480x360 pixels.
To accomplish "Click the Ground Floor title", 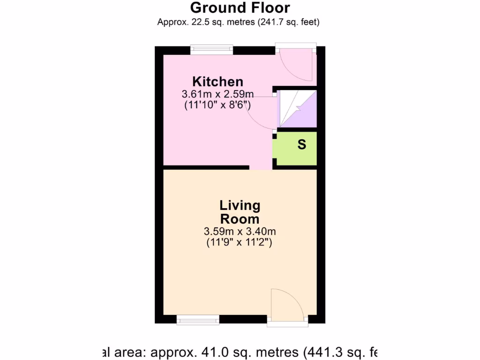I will pyautogui.click(x=240, y=8).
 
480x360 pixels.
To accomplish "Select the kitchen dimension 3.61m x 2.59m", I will pyautogui.click(x=218, y=94).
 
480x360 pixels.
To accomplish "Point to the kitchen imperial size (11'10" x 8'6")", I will pyautogui.click(x=217, y=105).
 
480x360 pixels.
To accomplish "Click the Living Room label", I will pyautogui.click(x=240, y=212).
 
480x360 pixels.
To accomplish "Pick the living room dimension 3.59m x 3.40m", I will pyautogui.click(x=240, y=231).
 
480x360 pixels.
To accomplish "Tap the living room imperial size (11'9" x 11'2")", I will pyautogui.click(x=240, y=242).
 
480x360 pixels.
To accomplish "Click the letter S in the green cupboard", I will pyautogui.click(x=302, y=145).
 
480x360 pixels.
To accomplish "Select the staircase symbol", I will pyautogui.click(x=297, y=109).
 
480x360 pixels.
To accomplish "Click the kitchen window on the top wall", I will pyautogui.click(x=211, y=50).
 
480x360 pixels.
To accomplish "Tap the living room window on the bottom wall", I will pyautogui.click(x=198, y=320).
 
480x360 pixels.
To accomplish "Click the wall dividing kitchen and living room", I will pyautogui.click(x=206, y=167).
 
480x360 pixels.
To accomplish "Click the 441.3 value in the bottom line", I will pyautogui.click(x=326, y=351).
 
